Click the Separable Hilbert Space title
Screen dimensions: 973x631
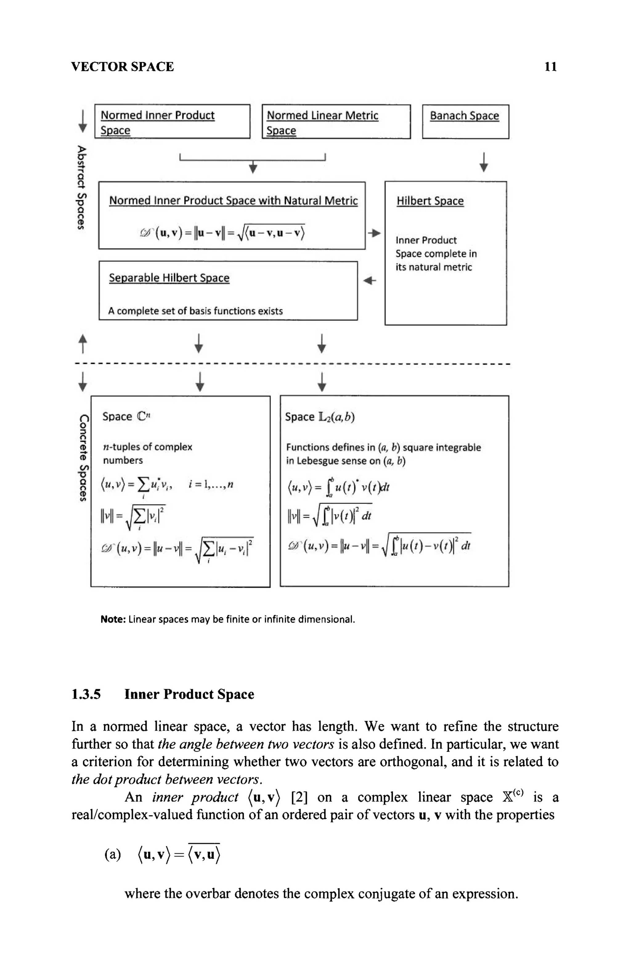[x=169, y=278]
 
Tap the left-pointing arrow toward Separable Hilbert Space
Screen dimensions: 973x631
[x=369, y=280]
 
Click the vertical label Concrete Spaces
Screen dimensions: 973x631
[x=83, y=458]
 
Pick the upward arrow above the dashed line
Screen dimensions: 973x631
[x=83, y=343]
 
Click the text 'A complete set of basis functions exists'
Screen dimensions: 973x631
[x=195, y=311]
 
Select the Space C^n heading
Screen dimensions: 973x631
[x=126, y=417]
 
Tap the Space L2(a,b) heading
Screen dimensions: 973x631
[x=320, y=417]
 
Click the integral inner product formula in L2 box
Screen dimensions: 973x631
[x=338, y=487]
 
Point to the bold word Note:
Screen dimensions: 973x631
[x=113, y=619]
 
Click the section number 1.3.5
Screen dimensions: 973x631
[x=86, y=694]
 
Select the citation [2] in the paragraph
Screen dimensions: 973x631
[x=299, y=797]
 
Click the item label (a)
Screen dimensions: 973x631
[x=113, y=854]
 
